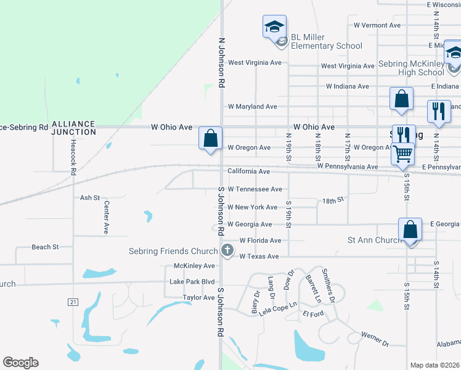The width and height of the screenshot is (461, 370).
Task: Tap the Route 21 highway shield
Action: click(x=73, y=302)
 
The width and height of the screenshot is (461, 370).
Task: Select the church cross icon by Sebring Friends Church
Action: click(x=227, y=250)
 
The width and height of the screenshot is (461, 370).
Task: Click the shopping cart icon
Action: click(x=402, y=152)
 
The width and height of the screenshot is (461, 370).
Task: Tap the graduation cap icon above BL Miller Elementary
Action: click(x=274, y=27)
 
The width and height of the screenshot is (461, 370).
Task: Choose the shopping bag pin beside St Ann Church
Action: click(x=410, y=229)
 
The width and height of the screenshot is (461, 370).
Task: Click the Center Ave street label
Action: click(x=106, y=217)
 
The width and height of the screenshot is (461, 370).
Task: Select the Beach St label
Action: click(x=45, y=247)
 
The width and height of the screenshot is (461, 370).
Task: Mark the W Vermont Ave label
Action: click(x=377, y=25)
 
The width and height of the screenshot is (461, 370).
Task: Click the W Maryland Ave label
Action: click(x=252, y=107)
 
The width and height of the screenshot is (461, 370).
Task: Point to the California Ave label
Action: click(x=248, y=171)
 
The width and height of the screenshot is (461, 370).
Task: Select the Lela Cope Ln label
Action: click(x=277, y=308)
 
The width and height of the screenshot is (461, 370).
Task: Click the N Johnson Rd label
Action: click(x=222, y=64)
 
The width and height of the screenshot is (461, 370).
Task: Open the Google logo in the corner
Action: click(x=20, y=363)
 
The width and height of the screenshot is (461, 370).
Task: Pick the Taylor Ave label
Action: click(x=198, y=297)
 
